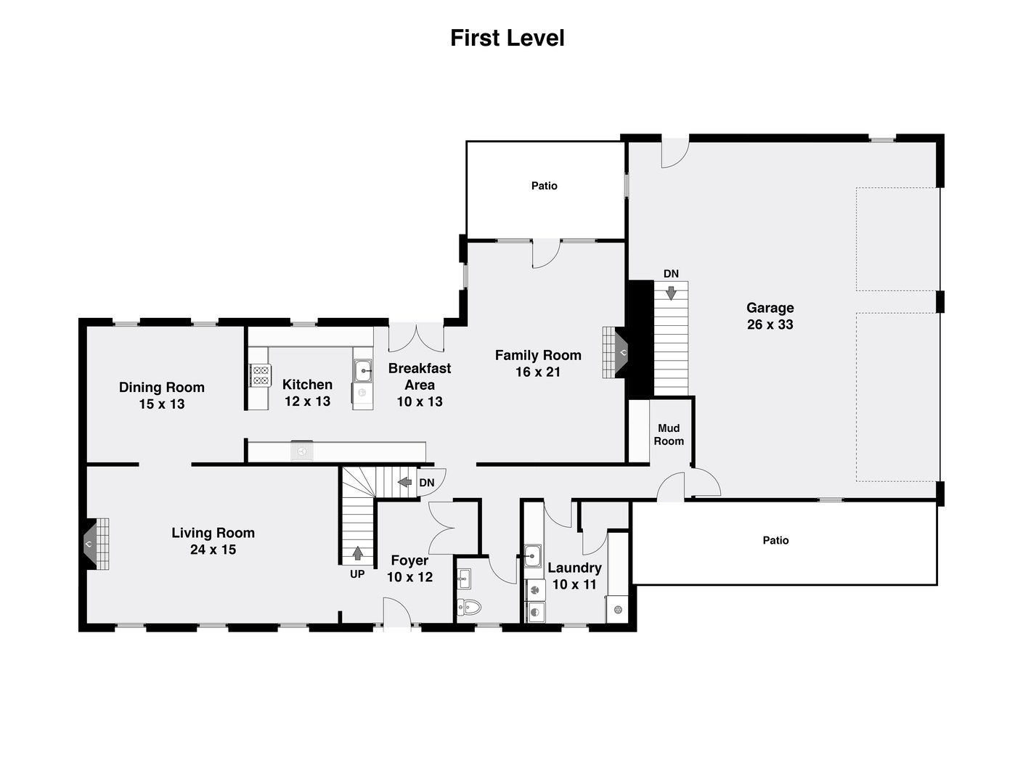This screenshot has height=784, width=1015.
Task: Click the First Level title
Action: [507, 38]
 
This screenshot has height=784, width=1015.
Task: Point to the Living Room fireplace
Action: [97, 544]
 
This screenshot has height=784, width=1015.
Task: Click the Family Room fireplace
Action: [615, 352]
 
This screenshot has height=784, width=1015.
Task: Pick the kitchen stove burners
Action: [261, 375]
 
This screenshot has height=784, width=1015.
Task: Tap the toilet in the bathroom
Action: [470, 608]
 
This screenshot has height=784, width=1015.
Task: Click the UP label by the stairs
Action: [357, 574]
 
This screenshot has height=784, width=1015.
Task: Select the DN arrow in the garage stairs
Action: [671, 293]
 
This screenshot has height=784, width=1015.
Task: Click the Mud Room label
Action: [669, 434]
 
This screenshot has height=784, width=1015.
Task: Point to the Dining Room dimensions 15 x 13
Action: [162, 404]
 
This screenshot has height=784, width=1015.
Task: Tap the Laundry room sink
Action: [532, 555]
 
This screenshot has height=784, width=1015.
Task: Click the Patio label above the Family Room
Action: [545, 186]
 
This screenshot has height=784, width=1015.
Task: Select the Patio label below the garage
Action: [775, 540]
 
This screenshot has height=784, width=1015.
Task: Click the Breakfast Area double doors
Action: [416, 338]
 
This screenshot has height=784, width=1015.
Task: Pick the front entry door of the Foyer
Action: [397, 612]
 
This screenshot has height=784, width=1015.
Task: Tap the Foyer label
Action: [409, 560]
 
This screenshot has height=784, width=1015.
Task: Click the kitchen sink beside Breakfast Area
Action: [362, 371]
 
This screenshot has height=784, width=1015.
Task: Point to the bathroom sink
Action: [464, 579]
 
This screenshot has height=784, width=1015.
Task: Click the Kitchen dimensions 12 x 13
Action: [307, 401]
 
